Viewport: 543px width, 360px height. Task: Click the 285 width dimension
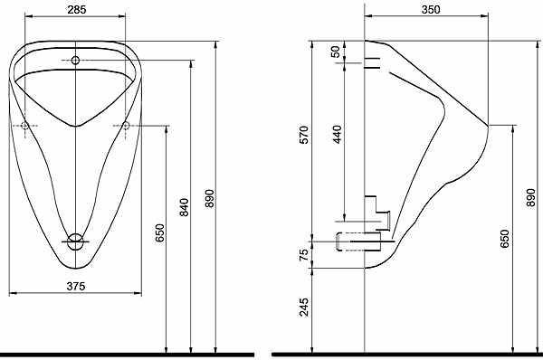coord(77,10)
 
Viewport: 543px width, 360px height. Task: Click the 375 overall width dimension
coord(76,286)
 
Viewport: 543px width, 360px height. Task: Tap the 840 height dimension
coord(185,207)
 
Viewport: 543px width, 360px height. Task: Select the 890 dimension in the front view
coord(210,198)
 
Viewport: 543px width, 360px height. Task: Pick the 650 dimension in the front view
coord(159,233)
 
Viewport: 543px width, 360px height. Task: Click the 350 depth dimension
coord(431,10)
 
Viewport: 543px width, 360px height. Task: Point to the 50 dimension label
coord(335,52)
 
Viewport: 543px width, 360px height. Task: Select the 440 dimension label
coord(337,134)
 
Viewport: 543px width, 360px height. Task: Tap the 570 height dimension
coord(303,135)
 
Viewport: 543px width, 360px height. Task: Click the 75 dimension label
coord(303,255)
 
